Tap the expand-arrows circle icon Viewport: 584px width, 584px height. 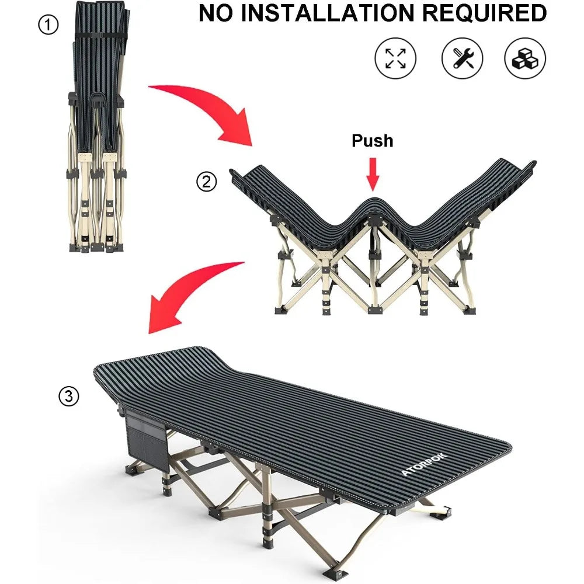(x=395, y=58)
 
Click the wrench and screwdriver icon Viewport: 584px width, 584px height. (x=461, y=58)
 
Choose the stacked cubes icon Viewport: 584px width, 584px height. (x=525, y=58)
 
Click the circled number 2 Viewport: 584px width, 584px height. (x=206, y=183)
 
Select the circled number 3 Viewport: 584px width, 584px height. (x=68, y=397)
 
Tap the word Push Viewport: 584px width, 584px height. (x=372, y=141)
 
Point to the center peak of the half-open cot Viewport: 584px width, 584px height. (x=372, y=204)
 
